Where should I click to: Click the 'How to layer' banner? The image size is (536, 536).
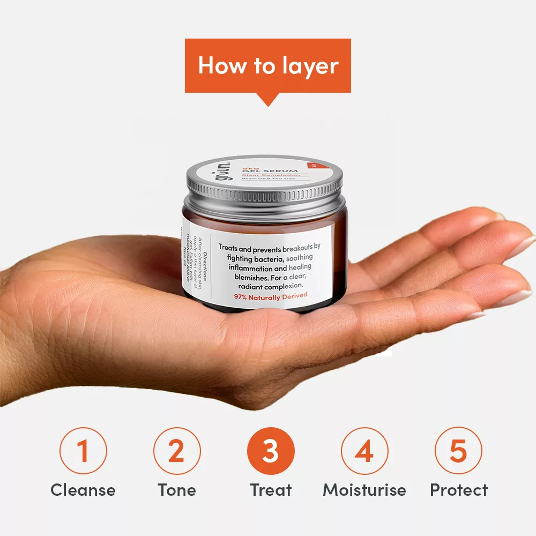pos(268,65)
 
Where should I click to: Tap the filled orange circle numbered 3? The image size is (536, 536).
pos(271,451)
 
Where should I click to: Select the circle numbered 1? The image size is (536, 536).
pos(83,451)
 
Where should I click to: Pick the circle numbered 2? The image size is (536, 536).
pos(177,451)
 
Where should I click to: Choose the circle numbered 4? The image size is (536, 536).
pos(364,451)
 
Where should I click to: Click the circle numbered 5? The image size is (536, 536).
pos(458,451)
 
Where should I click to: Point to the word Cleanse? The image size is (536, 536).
pos(83,490)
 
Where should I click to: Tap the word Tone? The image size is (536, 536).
pos(177,490)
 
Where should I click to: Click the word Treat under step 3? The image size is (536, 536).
pos(271,490)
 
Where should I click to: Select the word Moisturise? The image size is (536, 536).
pos(364,490)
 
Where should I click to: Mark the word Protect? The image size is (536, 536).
pos(459,490)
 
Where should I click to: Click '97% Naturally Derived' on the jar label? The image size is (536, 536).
pos(271,296)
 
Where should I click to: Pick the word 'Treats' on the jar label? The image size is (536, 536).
pos(230,247)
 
